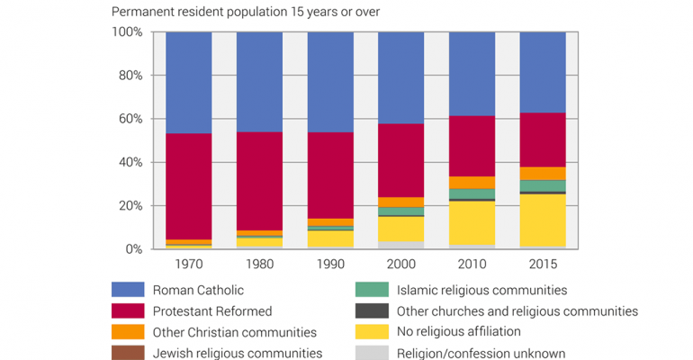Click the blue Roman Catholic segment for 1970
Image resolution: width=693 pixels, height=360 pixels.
click(188, 83)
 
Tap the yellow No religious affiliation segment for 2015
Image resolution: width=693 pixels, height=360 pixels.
click(543, 220)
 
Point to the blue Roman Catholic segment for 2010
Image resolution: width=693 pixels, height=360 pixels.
click(472, 74)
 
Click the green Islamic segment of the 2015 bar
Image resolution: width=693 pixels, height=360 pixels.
click(543, 185)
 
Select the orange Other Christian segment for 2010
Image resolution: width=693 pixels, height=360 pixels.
click(472, 182)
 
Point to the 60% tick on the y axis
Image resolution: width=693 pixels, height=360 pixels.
click(128, 119)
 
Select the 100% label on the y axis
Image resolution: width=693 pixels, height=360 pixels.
click(126, 32)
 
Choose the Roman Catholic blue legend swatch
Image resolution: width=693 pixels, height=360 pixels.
click(127, 290)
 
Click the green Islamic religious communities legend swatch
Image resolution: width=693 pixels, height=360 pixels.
click(372, 290)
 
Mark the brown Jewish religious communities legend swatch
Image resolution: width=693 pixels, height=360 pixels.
click(127, 353)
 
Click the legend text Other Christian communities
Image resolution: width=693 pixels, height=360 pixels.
click(234, 332)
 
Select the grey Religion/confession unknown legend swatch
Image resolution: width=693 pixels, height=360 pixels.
click(372, 353)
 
